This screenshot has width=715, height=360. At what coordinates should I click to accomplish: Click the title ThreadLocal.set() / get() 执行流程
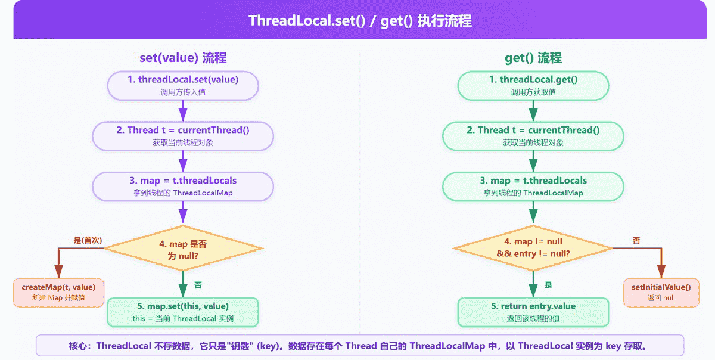(x=359, y=21)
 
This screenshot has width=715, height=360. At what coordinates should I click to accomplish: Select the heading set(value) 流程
(x=183, y=58)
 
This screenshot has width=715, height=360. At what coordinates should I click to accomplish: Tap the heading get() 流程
(x=533, y=58)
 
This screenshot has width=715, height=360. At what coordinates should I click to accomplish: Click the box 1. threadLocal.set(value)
(x=183, y=85)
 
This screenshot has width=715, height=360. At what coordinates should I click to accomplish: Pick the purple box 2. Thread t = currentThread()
(x=183, y=135)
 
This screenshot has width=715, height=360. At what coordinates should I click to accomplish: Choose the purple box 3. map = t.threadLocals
(x=183, y=185)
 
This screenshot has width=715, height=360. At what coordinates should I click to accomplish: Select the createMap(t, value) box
(x=58, y=292)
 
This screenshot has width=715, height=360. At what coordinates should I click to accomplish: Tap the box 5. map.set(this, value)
(x=183, y=312)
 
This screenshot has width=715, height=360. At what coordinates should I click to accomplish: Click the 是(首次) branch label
(x=88, y=240)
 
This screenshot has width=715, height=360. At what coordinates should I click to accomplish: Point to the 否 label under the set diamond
(x=198, y=285)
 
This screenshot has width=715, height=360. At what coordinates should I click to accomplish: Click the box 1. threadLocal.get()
(x=533, y=85)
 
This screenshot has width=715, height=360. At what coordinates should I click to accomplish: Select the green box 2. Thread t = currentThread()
(x=533, y=135)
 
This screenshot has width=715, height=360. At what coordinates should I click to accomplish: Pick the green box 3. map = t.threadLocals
(x=533, y=185)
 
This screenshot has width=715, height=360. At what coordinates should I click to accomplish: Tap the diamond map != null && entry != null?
(x=533, y=248)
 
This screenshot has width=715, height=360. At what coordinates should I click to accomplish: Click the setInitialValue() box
(x=661, y=292)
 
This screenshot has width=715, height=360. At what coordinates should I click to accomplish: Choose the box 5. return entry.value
(x=533, y=312)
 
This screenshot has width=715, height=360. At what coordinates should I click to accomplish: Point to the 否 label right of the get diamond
(x=636, y=240)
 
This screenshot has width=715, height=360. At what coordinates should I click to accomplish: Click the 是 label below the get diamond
(x=548, y=285)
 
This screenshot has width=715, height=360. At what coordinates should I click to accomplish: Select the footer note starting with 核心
(x=359, y=346)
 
